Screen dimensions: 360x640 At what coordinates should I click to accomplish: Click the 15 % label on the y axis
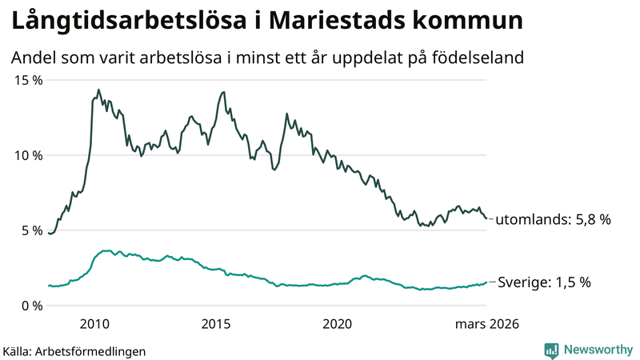coord(26,80)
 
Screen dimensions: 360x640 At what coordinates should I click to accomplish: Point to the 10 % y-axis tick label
coord(26,155)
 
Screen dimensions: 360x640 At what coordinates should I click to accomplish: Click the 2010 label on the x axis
coord(94,324)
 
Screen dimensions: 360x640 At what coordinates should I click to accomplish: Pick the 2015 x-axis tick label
coord(215,324)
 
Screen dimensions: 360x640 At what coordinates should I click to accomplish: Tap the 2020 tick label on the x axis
coord(337,324)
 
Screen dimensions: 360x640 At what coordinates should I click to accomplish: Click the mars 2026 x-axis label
coord(487,324)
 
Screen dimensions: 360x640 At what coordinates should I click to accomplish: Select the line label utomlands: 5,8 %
coord(554,219)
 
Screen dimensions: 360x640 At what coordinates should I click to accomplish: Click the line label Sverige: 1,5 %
coord(544,282)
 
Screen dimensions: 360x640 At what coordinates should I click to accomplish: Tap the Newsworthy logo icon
coord(551,350)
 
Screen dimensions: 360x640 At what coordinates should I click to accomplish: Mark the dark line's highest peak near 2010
coord(98,90)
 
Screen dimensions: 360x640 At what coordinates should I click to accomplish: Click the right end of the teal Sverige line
coord(486,282)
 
